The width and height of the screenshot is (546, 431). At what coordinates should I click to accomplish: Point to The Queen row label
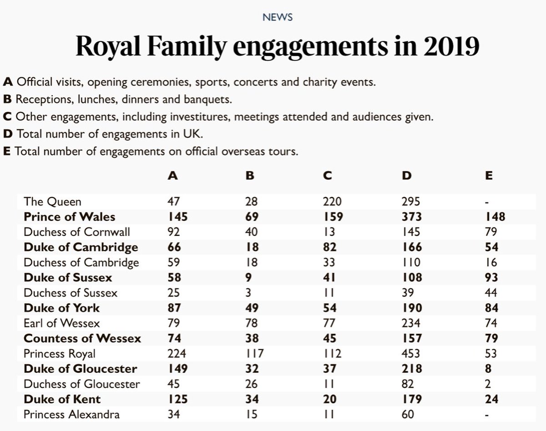pyautogui.click(x=53, y=201)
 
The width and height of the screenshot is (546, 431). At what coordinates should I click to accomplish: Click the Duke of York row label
pyautogui.click(x=61, y=308)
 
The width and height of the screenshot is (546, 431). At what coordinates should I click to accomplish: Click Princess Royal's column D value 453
pyautogui.click(x=411, y=353)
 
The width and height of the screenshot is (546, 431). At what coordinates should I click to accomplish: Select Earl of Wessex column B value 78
pyautogui.click(x=251, y=323)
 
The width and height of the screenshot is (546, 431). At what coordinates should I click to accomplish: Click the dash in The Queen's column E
pyautogui.click(x=487, y=201)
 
